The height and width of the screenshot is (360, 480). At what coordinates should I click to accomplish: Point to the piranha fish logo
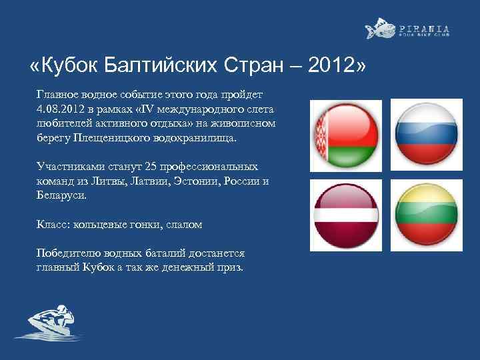click(x=379, y=29)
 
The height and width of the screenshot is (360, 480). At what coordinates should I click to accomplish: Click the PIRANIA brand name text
click(x=424, y=29)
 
